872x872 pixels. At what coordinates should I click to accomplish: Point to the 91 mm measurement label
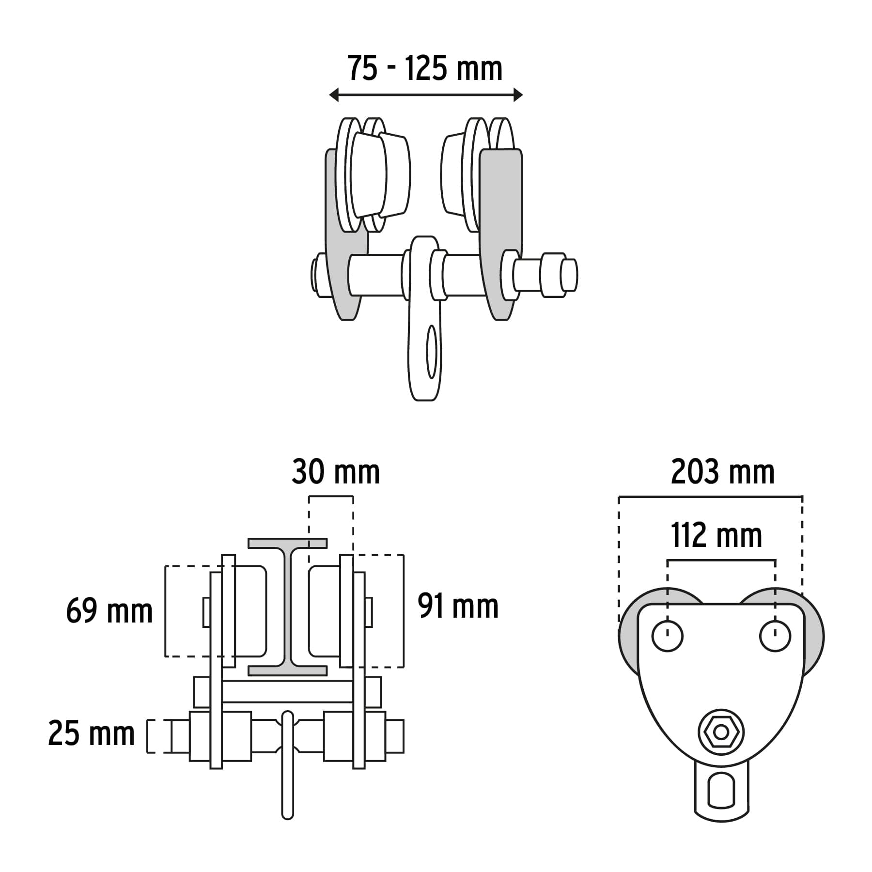tap(458, 606)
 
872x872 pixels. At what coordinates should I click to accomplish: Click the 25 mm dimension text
tap(92, 733)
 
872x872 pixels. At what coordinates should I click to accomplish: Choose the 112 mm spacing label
tap(716, 535)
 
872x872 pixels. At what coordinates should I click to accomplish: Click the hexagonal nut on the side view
tap(721, 732)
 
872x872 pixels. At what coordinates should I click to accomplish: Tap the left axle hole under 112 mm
tap(668, 636)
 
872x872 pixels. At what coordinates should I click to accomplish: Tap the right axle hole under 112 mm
tap(775, 636)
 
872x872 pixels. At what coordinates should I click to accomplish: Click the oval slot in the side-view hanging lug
tap(721, 790)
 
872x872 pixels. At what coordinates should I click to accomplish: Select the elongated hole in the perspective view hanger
tap(431, 351)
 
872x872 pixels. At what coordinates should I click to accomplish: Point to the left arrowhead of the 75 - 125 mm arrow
tap(334, 95)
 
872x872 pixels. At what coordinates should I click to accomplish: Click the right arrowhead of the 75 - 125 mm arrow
tap(518, 95)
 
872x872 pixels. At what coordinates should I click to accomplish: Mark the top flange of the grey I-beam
tap(287, 543)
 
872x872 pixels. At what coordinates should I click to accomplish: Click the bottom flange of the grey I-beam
tap(287, 670)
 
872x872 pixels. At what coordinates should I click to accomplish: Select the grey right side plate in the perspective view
tap(501, 235)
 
